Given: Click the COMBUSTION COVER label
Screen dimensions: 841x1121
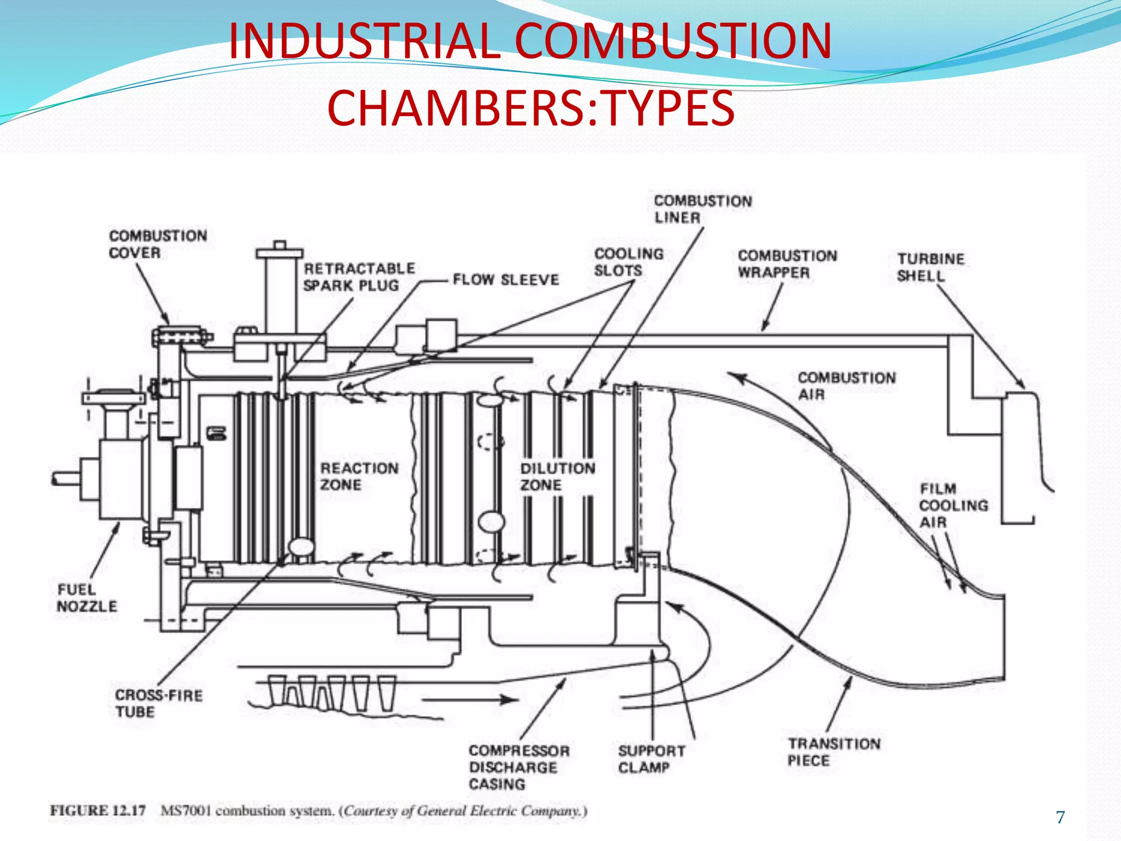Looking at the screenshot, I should (158, 244).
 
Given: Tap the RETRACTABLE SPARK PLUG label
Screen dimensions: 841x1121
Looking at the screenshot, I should (359, 277).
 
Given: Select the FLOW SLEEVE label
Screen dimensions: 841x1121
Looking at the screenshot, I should (506, 280).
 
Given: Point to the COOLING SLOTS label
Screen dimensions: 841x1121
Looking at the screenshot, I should (628, 262).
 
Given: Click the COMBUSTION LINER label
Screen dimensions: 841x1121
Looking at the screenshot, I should (703, 209).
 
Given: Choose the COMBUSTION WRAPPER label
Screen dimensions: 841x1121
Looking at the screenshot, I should (787, 264).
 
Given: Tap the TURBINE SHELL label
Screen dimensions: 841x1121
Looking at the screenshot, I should (930, 267).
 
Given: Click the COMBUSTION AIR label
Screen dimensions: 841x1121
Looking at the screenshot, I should (846, 386).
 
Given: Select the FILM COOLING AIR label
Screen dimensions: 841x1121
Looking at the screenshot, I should (953, 505).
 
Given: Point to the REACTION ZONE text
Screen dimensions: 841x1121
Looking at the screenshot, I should (359, 476).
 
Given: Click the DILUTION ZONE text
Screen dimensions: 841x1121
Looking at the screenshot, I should (557, 476).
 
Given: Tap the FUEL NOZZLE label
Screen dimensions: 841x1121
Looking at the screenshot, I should (86, 598).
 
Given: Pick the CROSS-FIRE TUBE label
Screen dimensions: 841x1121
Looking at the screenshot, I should (158, 704).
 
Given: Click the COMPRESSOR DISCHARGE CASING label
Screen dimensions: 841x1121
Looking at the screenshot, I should (518, 767).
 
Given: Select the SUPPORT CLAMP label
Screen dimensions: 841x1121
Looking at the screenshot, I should (651, 759).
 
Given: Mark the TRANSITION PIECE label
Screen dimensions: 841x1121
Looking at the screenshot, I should (834, 752).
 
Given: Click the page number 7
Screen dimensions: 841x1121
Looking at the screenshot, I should (1060, 817).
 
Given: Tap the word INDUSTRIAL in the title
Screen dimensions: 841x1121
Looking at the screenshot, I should (364, 41).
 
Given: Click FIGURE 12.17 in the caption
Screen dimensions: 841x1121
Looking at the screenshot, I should (98, 810).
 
